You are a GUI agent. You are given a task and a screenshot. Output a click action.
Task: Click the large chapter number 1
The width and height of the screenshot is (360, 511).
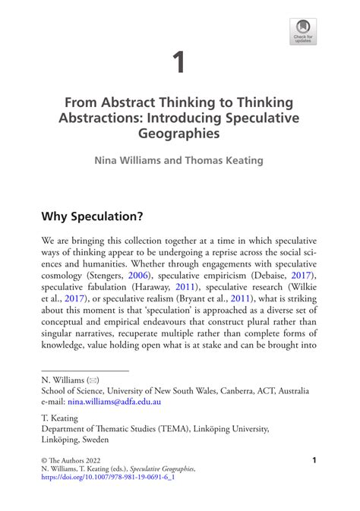179,63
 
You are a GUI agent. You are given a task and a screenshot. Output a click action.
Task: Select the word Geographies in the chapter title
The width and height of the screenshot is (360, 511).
179,134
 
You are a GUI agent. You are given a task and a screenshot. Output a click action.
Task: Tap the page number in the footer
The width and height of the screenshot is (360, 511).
314,460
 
